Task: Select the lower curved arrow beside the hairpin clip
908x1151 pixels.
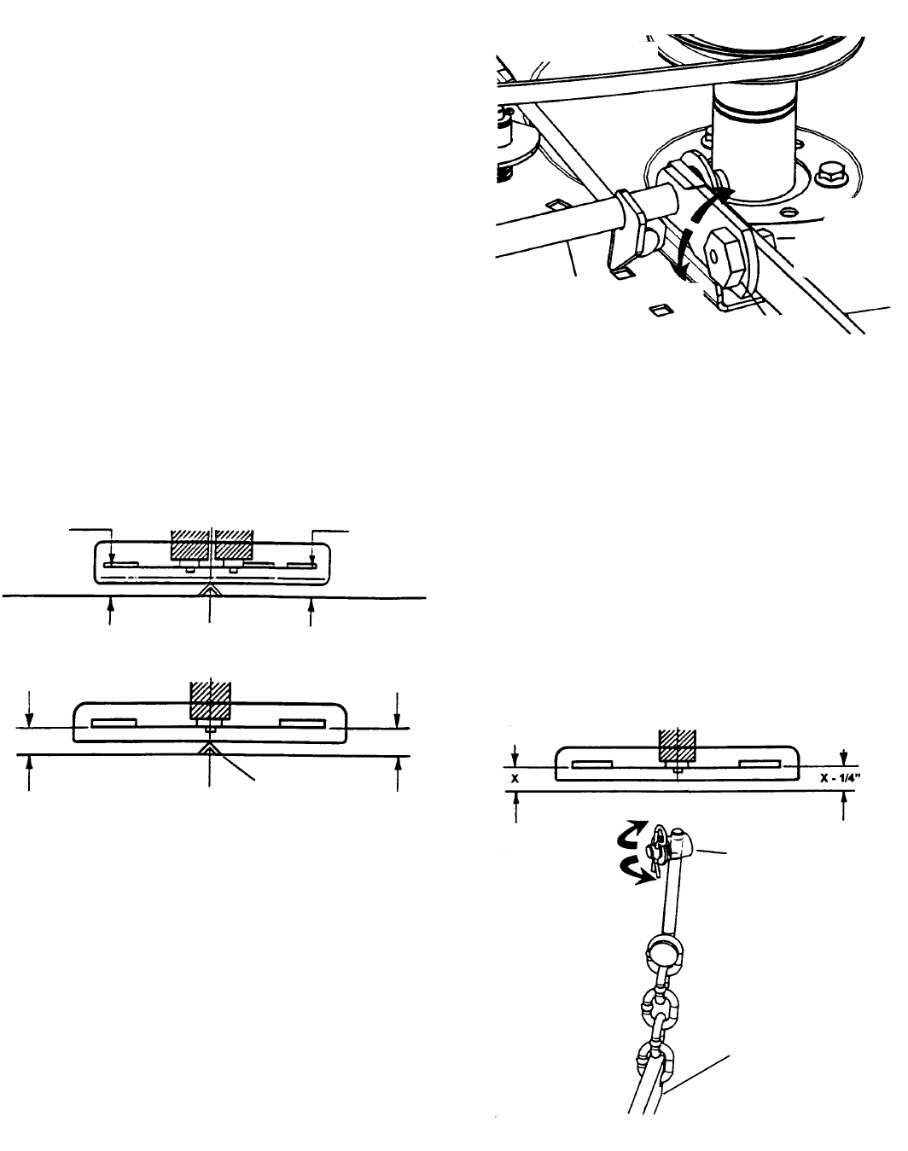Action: pos(632,871)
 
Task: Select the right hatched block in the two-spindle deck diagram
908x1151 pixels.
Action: pos(234,544)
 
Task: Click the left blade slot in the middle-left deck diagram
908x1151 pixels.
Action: pos(113,724)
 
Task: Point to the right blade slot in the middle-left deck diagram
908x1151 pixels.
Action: pos(302,724)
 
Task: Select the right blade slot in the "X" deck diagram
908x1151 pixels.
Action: pos(760,764)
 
